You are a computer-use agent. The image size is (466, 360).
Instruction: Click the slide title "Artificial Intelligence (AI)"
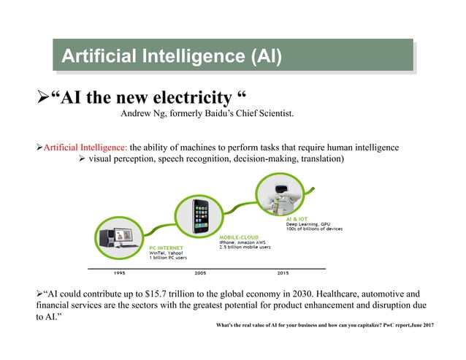(171, 55)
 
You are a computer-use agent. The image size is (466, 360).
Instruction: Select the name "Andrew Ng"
(145, 113)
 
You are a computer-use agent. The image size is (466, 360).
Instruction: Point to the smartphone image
(202, 216)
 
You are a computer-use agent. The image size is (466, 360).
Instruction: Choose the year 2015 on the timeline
(282, 274)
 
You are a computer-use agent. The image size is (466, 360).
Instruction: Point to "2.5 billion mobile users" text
(245, 248)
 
